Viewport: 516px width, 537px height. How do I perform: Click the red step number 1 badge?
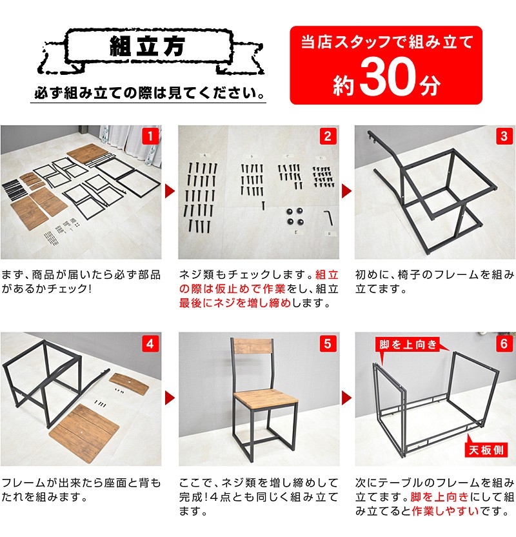150,136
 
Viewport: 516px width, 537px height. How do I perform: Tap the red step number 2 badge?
328,136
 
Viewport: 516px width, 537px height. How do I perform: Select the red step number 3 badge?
504,136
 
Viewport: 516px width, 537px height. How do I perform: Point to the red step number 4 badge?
150,343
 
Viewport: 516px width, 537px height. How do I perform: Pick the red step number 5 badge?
328,343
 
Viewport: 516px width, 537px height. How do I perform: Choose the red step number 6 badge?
504,343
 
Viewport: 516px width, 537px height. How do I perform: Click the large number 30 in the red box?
388,76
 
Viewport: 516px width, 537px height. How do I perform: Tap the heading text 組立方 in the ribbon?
147,46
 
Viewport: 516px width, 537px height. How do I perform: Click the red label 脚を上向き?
408,344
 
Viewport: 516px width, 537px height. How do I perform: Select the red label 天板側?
486,450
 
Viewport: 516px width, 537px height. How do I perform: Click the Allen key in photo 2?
328,218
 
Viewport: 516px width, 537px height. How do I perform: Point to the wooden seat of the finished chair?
266,399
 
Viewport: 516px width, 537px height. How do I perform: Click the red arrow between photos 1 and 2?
170,191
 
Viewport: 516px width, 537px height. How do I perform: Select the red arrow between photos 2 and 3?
346,191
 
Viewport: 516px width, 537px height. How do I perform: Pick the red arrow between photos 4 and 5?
170,398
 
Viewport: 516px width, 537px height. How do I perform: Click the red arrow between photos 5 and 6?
346,398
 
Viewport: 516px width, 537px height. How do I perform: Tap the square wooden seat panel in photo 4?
84,433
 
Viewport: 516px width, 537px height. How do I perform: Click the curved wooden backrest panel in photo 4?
128,382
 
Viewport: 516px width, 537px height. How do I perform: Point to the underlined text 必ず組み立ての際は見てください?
149,93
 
